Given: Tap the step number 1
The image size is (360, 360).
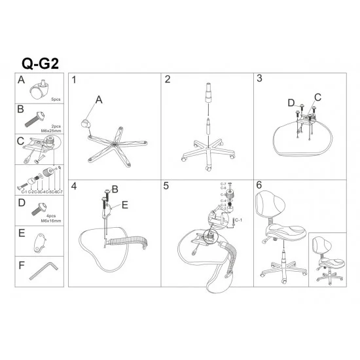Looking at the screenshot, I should point(75,80).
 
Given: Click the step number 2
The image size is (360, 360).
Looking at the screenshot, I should point(168,80).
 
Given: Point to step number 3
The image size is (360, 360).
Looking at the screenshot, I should point(260,79).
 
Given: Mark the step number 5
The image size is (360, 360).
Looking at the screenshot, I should point(168,187).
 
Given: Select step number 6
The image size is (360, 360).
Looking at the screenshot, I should point(260,186).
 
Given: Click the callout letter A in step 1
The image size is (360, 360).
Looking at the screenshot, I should point(99,99).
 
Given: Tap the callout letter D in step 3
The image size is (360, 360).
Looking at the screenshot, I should point(291,102).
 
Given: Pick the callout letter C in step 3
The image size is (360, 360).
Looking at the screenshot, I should point(317,97).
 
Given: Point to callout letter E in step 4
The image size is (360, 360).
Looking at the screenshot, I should point(126,204).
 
